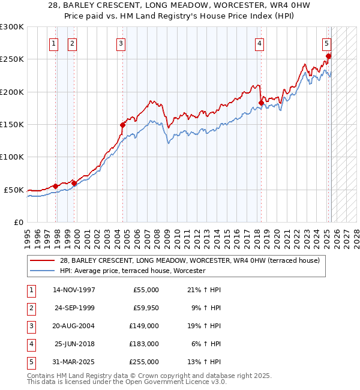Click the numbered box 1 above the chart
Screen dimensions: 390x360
point(54,43)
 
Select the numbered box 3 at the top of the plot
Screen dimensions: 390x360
point(121,43)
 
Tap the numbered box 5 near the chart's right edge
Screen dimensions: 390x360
point(326,43)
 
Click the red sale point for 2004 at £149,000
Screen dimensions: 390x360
point(122,125)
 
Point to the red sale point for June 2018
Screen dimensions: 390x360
point(261,103)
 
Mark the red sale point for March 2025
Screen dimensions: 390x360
point(329,56)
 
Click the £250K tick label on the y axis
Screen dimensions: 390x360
point(12,59)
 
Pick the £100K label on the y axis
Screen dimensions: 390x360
point(12,157)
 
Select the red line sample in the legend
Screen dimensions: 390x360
point(43,260)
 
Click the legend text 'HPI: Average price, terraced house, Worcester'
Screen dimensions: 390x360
point(133,271)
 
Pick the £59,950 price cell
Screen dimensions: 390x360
point(143,308)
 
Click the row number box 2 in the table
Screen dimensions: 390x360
point(31,308)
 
